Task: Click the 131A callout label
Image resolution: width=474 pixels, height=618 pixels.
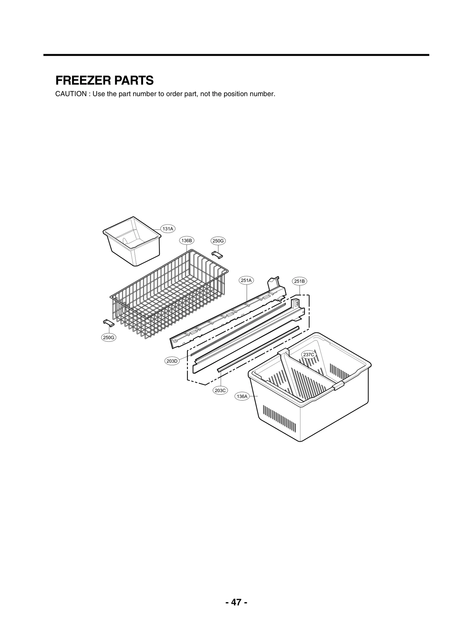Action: click(168, 229)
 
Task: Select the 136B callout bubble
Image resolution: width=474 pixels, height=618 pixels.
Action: click(187, 240)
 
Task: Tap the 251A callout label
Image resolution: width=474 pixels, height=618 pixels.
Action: click(246, 280)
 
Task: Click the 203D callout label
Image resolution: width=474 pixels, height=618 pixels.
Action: click(172, 361)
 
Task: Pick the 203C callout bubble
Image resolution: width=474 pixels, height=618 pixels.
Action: click(220, 390)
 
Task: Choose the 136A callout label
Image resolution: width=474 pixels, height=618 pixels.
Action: click(242, 396)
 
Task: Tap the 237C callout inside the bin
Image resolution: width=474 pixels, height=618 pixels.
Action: click(309, 354)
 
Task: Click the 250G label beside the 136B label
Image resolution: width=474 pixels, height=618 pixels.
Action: click(218, 241)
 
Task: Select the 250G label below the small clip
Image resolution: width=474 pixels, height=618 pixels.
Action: click(109, 337)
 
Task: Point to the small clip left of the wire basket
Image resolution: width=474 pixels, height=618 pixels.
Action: click(108, 322)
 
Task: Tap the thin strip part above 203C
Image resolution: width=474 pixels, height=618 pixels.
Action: click(258, 349)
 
